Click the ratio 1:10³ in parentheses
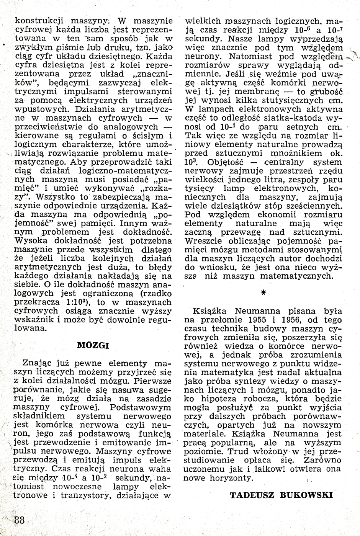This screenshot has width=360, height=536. point(78,302)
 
